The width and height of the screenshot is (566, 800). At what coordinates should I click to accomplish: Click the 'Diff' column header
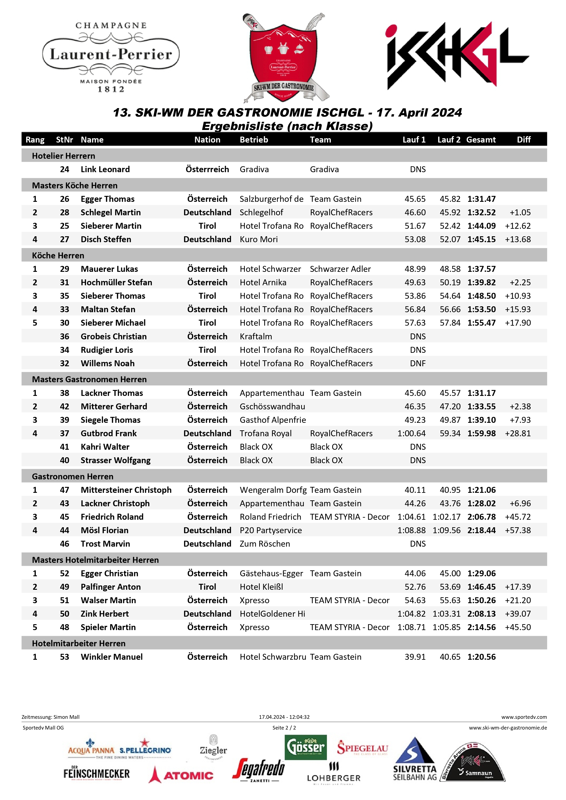(524, 140)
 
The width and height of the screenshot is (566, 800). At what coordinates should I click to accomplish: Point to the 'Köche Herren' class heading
(58, 255)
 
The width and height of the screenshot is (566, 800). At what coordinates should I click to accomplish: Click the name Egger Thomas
(107, 199)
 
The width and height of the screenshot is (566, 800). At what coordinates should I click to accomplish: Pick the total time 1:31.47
(481, 199)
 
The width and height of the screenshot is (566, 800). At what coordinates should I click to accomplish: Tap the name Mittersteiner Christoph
(126, 490)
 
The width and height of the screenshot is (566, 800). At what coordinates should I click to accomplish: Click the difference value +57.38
(518, 530)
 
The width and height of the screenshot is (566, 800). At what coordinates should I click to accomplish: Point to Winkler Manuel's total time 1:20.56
(481, 657)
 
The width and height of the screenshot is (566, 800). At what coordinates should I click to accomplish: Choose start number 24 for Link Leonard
(65, 169)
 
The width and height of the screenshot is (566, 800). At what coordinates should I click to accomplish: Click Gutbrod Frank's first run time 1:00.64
(411, 434)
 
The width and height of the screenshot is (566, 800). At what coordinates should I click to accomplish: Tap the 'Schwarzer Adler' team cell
(340, 269)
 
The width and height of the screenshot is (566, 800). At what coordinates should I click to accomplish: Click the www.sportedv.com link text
(524, 717)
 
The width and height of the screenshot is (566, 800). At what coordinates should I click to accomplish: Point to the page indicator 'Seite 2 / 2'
(284, 727)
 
